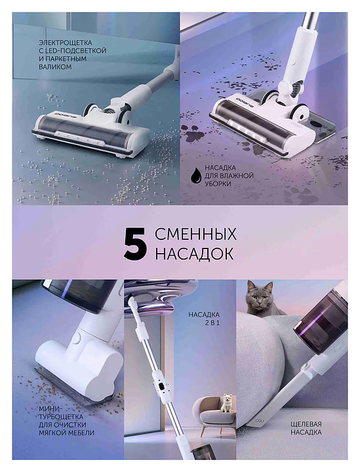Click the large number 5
coord(136,243)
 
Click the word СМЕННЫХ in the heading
coord(195,234)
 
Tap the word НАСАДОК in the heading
coord(194,254)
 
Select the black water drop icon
coord(195,176)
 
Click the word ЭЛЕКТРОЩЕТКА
coord(66,43)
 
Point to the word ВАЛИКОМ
coord(55,67)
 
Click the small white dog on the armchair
coord(226,403)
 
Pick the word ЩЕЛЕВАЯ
coord(306,424)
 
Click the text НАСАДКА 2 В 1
coord(204,319)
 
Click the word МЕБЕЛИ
coord(79,433)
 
